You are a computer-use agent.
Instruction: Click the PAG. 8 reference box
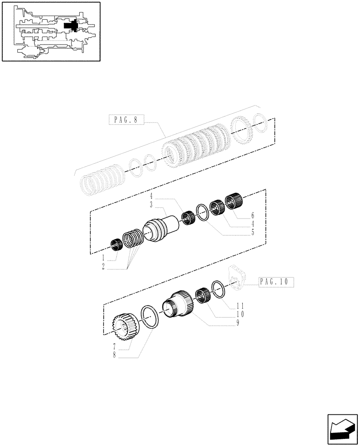(x=127, y=119)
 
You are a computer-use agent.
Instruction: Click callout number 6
(x=254, y=215)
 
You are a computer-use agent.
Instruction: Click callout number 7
(x=115, y=346)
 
